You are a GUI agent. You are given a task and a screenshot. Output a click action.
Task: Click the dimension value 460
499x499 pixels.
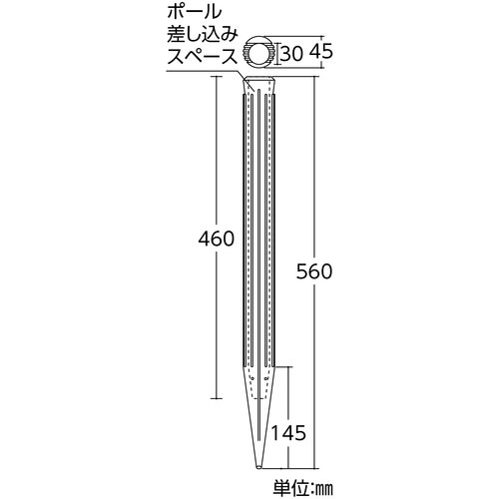(216, 240)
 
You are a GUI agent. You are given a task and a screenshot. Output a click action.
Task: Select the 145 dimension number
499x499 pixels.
(287, 432)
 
